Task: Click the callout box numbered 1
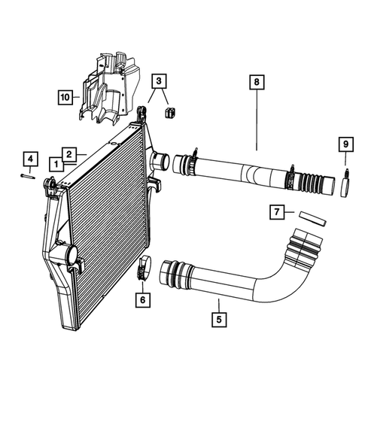pyautogui.click(x=56, y=162)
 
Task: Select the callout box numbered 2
pyautogui.click(x=68, y=154)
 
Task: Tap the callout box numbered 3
pyautogui.click(x=159, y=81)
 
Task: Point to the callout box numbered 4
pyautogui.click(x=29, y=159)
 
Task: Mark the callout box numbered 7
pyautogui.click(x=277, y=213)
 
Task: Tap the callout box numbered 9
pyautogui.click(x=345, y=144)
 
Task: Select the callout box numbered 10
pyautogui.click(x=66, y=97)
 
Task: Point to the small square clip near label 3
pyautogui.click(x=169, y=112)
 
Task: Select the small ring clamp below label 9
pyautogui.click(x=345, y=183)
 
